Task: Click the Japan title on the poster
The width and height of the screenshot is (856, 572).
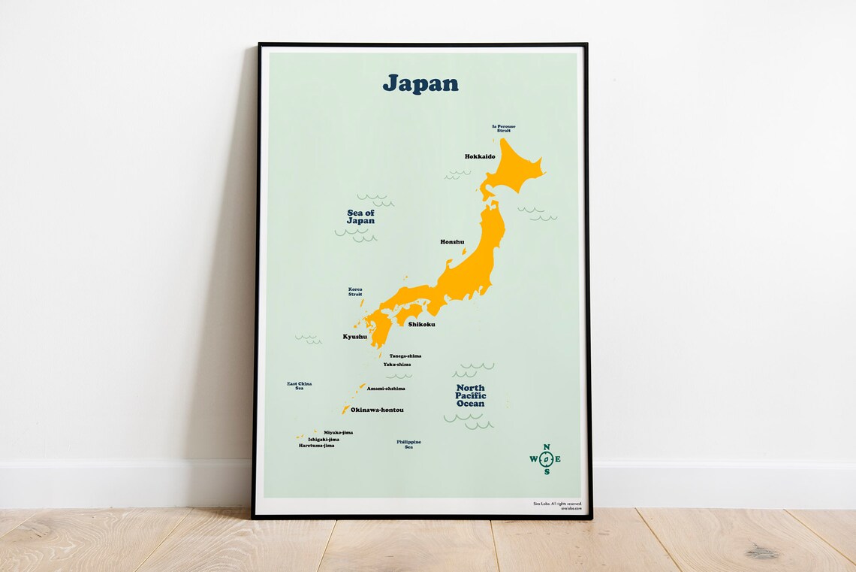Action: [420, 83]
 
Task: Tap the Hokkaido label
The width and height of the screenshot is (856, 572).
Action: [480, 156]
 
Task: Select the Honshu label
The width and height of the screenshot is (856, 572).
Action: [452, 242]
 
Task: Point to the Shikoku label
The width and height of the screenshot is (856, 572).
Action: [421, 325]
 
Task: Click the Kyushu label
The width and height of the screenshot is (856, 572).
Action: [355, 337]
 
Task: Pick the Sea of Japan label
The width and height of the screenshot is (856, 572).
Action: [360, 217]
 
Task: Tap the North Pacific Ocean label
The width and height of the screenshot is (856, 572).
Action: [471, 395]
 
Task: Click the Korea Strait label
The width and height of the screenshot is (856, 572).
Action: [355, 291]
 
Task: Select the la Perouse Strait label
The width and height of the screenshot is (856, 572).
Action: [503, 129]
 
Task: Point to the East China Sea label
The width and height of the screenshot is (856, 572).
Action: [300, 386]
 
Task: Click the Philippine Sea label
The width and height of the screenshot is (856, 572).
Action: [409, 444]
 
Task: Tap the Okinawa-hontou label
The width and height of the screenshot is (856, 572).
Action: [377, 410]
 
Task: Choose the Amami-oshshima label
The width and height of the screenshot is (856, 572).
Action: [386, 389]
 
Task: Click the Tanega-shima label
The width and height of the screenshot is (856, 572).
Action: [405, 356]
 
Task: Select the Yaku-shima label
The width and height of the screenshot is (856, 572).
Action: [397, 365]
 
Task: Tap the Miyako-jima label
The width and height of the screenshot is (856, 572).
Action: [338, 433]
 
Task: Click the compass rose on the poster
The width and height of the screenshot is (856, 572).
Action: [546, 459]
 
